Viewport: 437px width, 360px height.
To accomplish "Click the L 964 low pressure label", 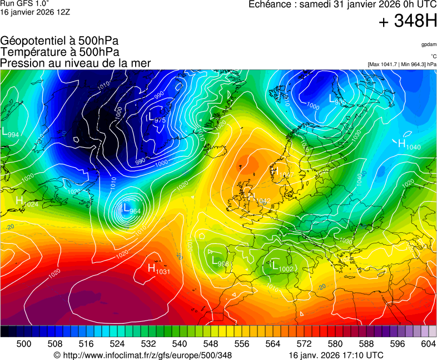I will (x=131, y=209).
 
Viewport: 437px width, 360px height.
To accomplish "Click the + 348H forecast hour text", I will (x=408, y=22).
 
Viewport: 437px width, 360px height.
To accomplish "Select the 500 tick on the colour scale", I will (x=24, y=344).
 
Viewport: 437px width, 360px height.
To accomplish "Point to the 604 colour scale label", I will (x=429, y=344).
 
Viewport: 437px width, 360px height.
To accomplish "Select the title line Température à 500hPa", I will (x=59, y=52).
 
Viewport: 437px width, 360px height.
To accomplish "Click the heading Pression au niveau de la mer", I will (x=76, y=63).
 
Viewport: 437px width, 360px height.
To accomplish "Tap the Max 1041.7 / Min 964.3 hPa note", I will (x=402, y=64).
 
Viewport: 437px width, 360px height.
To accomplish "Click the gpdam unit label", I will (x=428, y=44).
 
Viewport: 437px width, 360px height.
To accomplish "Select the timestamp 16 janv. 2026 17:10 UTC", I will (x=336, y=355).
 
